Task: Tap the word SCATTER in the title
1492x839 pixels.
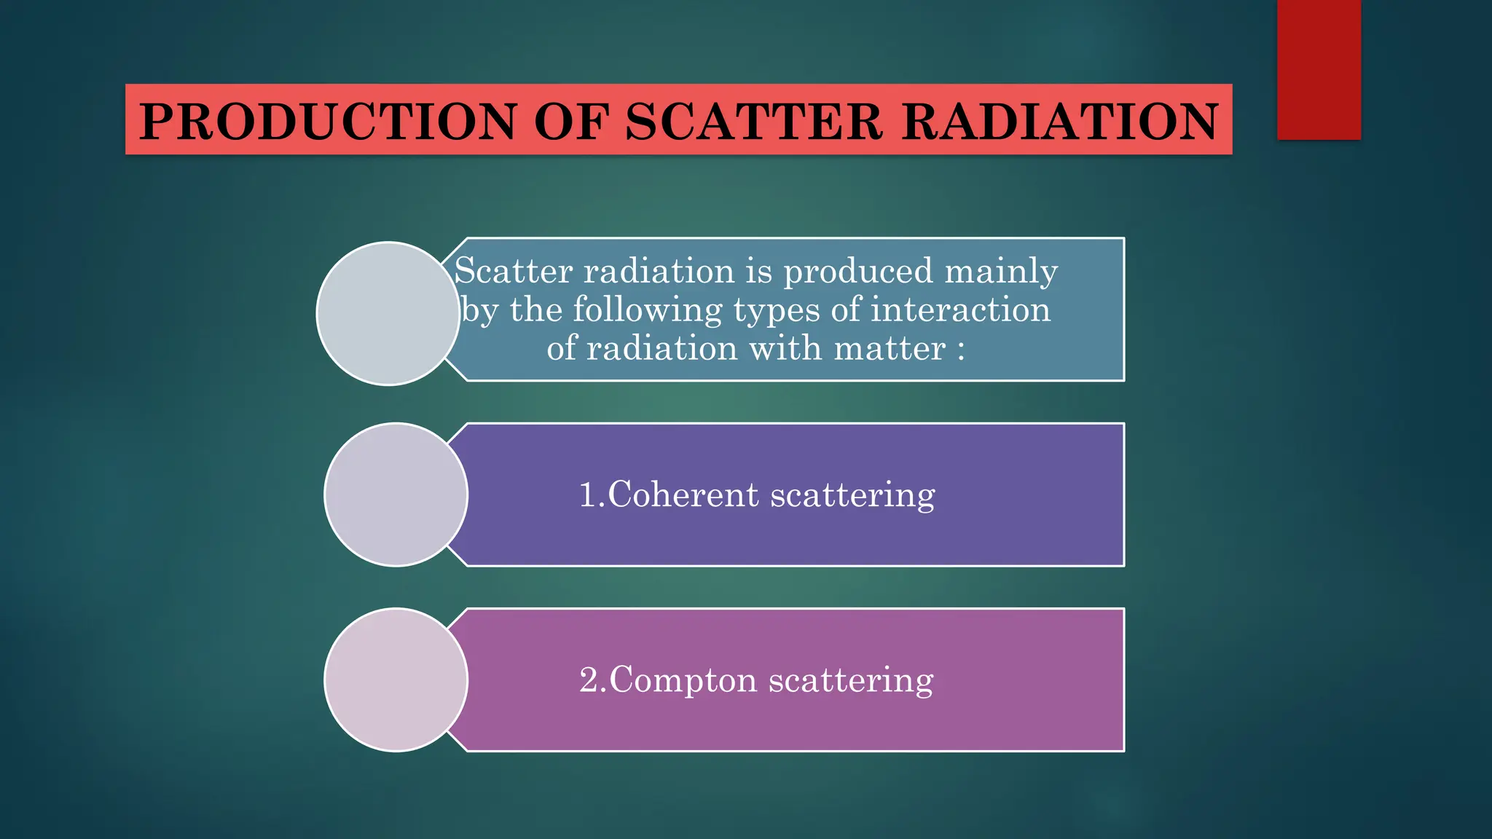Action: point(753,121)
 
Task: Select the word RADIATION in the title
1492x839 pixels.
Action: point(1060,121)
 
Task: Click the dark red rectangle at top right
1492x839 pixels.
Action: point(1319,69)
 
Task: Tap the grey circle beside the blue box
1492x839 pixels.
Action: point(388,313)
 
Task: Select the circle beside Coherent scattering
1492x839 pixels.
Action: point(396,495)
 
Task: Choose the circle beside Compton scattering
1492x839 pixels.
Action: point(396,680)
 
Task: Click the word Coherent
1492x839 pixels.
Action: point(683,495)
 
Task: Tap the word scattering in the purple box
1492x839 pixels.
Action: point(852,496)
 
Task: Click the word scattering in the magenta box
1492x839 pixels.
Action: point(851,681)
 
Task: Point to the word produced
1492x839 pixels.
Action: point(858,272)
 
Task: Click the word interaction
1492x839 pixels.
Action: point(960,310)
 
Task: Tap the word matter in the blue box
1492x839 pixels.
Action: point(889,348)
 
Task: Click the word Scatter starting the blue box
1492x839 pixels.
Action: point(513,271)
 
